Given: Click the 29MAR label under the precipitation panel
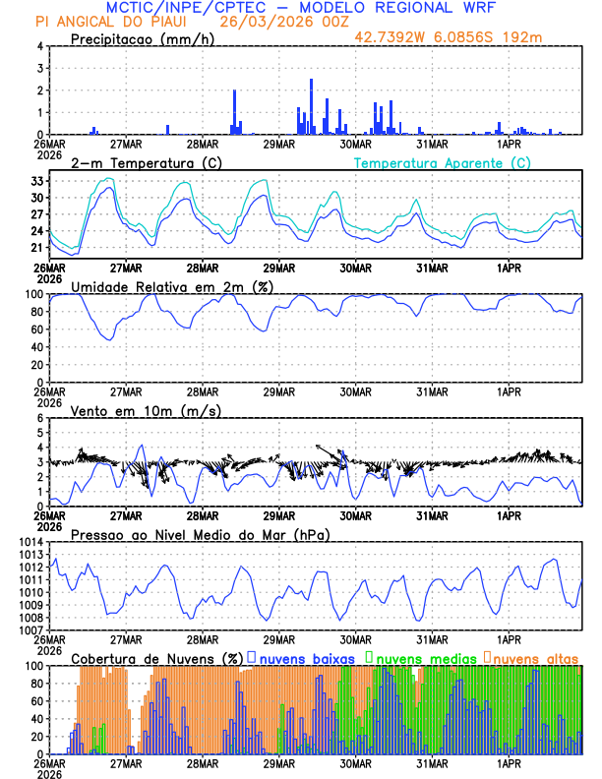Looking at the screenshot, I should point(278,144).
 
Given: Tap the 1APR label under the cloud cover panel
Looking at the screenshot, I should point(510,763).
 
